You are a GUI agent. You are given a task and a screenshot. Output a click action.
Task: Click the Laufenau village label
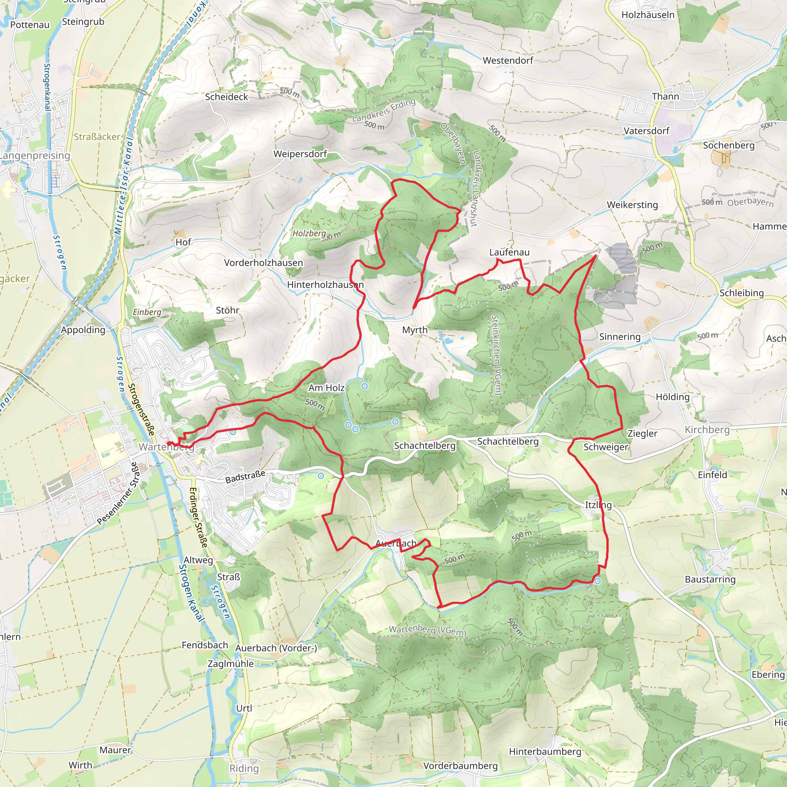pyautogui.click(x=509, y=252)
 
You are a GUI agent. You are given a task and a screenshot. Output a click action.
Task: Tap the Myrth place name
pyautogui.click(x=415, y=330)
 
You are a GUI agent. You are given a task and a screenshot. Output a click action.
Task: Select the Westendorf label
pyautogui.click(x=508, y=61)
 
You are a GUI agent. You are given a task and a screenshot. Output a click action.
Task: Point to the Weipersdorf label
pyautogui.click(x=300, y=154)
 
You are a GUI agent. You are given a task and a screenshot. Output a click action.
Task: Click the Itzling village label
pyautogui.click(x=598, y=505)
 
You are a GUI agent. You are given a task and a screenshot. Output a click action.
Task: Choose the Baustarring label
pyautogui.click(x=710, y=579)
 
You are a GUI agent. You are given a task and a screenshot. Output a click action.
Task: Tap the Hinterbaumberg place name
pyautogui.click(x=545, y=752)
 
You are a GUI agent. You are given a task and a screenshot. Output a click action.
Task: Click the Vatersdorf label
pyautogui.click(x=646, y=131)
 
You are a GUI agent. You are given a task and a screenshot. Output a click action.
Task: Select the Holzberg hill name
pyautogui.click(x=309, y=233)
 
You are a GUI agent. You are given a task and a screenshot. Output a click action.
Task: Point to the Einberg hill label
pyautogui.click(x=147, y=312)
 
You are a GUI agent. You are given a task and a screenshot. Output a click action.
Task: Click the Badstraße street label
pyautogui.click(x=245, y=477)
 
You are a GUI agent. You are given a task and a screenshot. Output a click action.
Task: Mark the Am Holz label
pyautogui.click(x=326, y=388)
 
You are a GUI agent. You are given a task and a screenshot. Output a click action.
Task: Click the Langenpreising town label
pyautogui.click(x=35, y=156)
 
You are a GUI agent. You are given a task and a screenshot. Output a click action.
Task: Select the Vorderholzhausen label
pyautogui.click(x=264, y=263)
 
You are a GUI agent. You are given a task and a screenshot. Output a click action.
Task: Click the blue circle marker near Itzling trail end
pyautogui.click(x=597, y=581)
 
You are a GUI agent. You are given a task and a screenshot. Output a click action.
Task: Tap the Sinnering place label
pyautogui.click(x=619, y=337)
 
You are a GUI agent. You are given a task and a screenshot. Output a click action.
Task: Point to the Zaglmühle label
pyautogui.click(x=231, y=664)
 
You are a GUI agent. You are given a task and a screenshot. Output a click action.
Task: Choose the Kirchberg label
pyautogui.click(x=707, y=430)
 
